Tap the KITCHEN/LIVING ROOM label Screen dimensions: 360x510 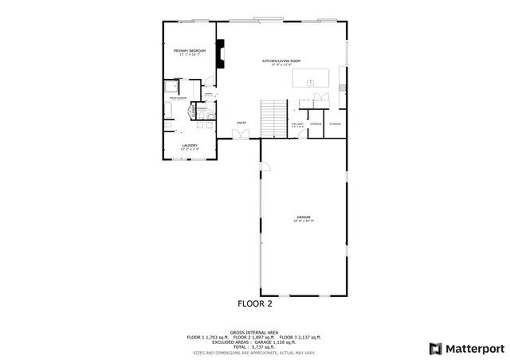tap(281, 61)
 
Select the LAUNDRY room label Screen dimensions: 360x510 tap(189, 146)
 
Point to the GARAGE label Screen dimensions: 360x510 tap(304, 217)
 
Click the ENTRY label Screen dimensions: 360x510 tap(241, 123)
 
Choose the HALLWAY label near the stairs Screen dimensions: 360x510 tap(297, 124)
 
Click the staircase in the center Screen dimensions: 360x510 tap(273, 118)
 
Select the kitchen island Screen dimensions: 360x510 tap(311, 77)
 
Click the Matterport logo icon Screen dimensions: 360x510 tap(435, 347)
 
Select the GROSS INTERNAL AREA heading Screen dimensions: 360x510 tap(253, 332)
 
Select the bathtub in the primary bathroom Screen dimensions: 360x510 tap(171, 86)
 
